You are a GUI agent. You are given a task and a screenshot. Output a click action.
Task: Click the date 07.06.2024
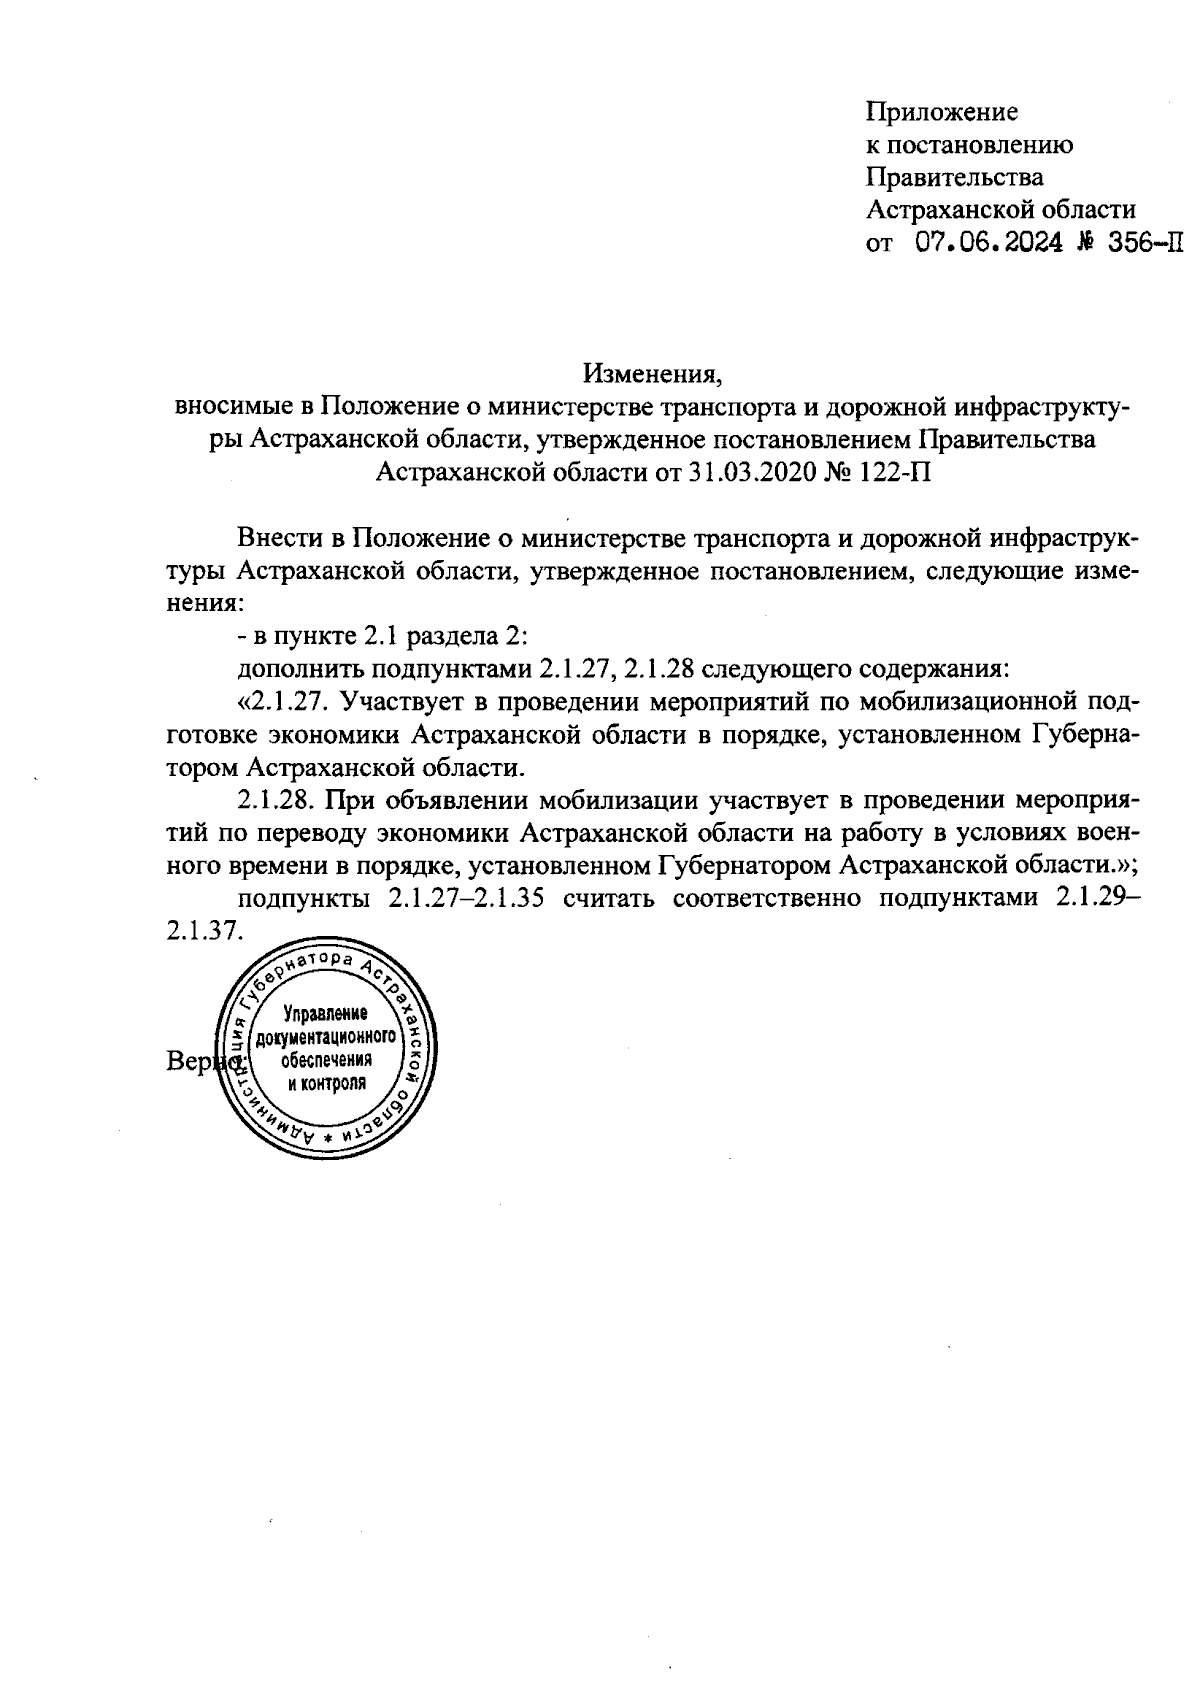[x=975, y=243]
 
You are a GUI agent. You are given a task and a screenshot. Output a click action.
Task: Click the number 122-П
[x=890, y=472]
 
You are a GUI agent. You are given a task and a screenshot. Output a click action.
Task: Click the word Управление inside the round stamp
[x=326, y=1013]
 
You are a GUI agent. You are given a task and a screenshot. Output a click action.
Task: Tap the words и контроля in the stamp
[x=326, y=1083]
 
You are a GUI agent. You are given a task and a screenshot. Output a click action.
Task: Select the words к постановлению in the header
[x=969, y=144]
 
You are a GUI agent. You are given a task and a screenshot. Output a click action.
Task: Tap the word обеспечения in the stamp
[x=326, y=1060]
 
